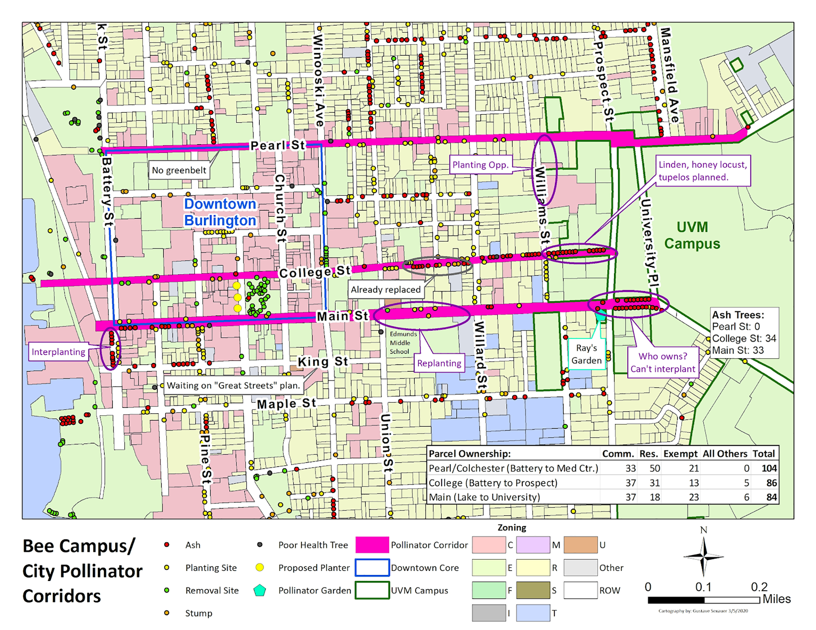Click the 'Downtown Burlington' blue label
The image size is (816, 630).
coord(220,212)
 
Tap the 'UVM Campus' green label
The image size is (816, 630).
coord(692,235)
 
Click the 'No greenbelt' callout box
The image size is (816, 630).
coord(179,170)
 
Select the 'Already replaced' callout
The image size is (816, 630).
coord(386,290)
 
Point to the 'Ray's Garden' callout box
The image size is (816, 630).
coord(586,354)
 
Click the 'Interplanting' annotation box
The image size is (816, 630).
coord(58,352)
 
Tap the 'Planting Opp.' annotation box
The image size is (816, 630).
coord(480,165)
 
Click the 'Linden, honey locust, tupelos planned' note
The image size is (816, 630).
coord(703,171)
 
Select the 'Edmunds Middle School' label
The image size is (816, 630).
coord(403,343)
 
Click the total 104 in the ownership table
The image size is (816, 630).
coord(769,468)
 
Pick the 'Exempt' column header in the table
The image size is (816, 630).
coord(680,454)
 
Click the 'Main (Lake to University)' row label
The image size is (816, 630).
coord(484,497)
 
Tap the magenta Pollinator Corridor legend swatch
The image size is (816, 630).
coord(372,545)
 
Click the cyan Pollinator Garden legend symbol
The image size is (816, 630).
coord(259,590)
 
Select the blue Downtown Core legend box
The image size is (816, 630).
coord(372,568)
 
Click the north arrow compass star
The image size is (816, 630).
coord(703,557)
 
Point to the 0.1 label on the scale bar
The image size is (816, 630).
coord(703,587)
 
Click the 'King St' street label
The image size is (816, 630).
coord(323,362)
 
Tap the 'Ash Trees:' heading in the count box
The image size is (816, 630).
coord(738,315)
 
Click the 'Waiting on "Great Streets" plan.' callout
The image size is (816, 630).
coord(234,386)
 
